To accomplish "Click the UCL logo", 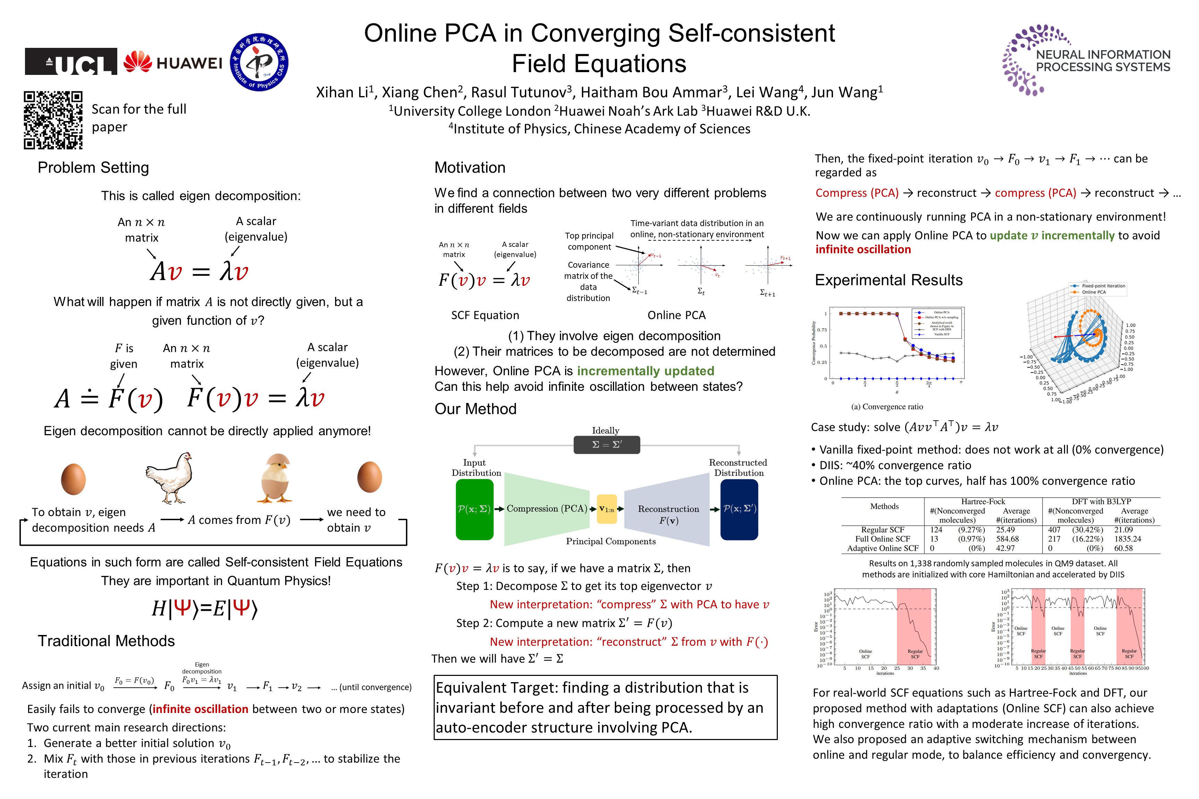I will (x=71, y=62).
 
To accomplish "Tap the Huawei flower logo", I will (x=138, y=62).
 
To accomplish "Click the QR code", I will (x=53, y=120).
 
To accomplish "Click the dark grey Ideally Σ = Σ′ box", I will (x=607, y=444).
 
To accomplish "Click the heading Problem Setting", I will (x=93, y=167).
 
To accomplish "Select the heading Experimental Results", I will (x=888, y=280).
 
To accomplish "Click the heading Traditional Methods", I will (x=106, y=641).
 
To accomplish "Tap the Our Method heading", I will (x=475, y=409).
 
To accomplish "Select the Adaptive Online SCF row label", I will (x=883, y=548).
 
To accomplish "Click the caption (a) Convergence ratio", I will (x=887, y=407).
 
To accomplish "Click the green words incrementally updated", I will (x=645, y=371).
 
